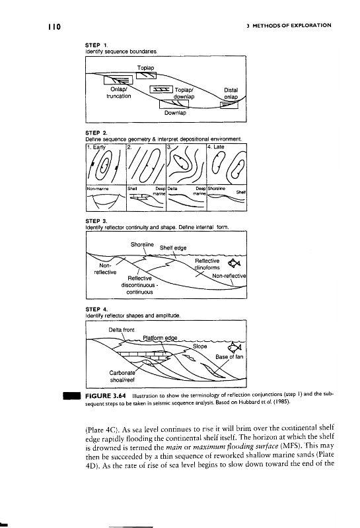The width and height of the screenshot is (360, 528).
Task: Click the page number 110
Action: pos(54,26)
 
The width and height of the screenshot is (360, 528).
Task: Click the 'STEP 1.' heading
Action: pos(96,45)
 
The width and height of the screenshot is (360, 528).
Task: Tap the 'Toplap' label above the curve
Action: pos(145,68)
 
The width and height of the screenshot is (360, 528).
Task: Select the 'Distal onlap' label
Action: pos(231,94)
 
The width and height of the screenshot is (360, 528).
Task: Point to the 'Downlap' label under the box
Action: pos(175,113)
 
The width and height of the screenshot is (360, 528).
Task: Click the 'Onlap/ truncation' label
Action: pos(118,93)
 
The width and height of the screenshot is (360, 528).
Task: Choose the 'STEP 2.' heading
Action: pos(96,133)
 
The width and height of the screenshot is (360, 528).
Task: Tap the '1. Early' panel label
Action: pos(96,147)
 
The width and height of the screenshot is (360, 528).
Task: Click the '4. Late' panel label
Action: pos(216,147)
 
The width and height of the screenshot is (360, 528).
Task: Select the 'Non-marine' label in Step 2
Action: pos(98,189)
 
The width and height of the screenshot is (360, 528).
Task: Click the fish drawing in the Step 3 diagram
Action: pos(234,263)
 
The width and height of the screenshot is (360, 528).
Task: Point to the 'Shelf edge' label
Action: pos(173,248)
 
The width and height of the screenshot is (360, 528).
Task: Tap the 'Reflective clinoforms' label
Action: pos(207,265)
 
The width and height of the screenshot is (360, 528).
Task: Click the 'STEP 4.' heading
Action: pos(96,309)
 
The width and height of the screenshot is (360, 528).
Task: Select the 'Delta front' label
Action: pos(122,330)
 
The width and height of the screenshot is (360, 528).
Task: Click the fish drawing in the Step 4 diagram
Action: pos(235,347)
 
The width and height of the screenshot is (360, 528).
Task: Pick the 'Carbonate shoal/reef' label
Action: pos(122,376)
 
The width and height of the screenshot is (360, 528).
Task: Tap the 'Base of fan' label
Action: pos(229,357)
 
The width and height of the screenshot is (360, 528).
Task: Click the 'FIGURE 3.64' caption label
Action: pos(106,395)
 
